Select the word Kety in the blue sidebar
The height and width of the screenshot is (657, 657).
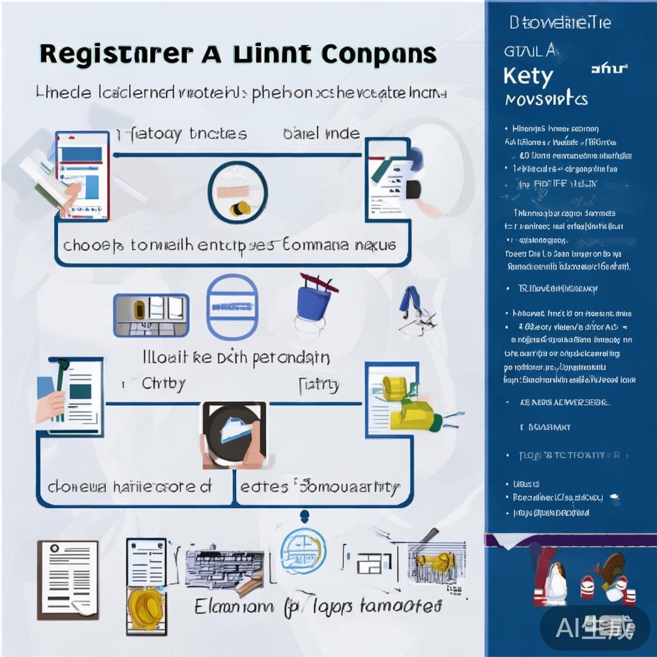click(x=527, y=76)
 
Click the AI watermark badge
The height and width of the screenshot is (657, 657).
click(x=595, y=626)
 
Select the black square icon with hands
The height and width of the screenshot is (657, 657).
click(x=234, y=434)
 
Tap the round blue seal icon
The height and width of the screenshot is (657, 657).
click(x=303, y=549)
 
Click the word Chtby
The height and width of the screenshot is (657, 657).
click(x=163, y=384)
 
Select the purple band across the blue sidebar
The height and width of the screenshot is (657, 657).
click(x=570, y=540)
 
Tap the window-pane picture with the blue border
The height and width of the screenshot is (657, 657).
click(x=151, y=315)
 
